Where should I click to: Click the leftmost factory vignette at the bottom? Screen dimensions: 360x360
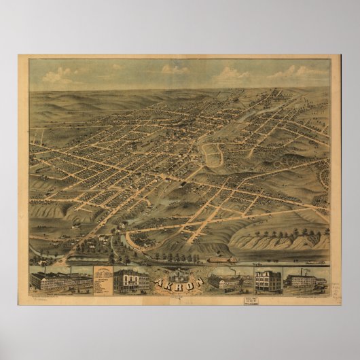[x=59, y=281]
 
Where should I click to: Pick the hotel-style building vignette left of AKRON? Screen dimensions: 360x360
[x=131, y=281]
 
